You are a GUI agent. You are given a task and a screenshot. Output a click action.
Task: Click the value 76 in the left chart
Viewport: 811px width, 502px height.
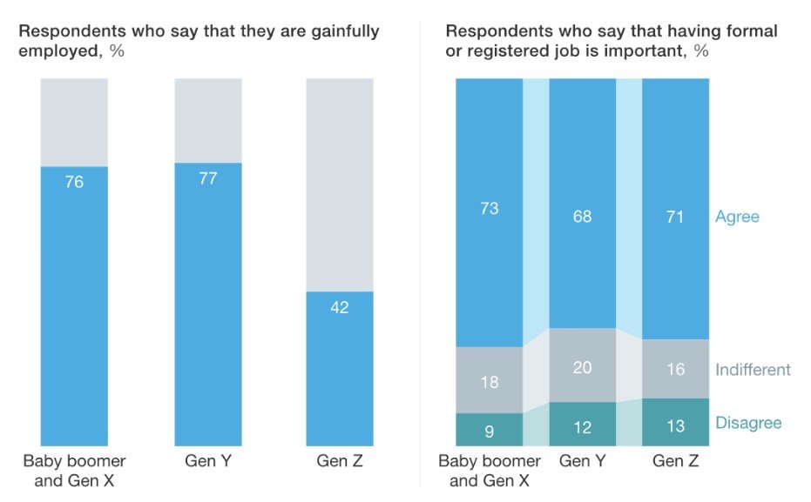pyautogui.click(x=74, y=183)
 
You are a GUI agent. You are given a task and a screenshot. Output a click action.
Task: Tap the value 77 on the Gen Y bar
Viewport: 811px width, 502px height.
pyautogui.click(x=208, y=179)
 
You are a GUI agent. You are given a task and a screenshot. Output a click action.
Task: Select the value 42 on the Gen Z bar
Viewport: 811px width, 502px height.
pyautogui.click(x=340, y=307)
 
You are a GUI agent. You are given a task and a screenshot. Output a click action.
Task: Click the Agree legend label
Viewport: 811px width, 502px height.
pyautogui.click(x=737, y=217)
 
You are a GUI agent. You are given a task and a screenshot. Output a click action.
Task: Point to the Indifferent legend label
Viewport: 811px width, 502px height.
pyautogui.click(x=753, y=370)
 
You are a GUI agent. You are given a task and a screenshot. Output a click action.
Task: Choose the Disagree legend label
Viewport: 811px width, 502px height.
pyautogui.click(x=748, y=423)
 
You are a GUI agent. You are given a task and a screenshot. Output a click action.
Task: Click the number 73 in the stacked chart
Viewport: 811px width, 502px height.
pyautogui.click(x=490, y=209)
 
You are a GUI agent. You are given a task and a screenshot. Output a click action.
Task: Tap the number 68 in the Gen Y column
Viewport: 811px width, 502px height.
pyautogui.click(x=582, y=216)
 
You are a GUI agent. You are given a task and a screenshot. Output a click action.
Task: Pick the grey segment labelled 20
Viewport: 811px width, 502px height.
pyautogui.click(x=582, y=367)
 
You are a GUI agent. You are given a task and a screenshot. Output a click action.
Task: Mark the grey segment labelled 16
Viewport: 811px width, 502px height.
pyautogui.click(x=675, y=370)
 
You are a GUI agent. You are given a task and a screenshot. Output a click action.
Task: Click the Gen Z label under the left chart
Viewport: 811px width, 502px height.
pyautogui.click(x=340, y=461)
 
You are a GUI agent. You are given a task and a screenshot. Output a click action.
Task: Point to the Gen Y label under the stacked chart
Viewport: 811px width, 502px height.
pyautogui.click(x=582, y=461)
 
